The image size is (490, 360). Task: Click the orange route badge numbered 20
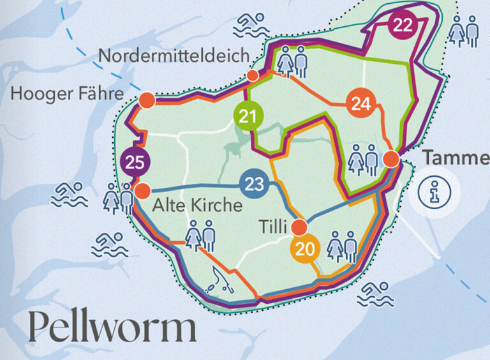(306, 249)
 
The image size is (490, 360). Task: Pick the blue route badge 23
(254, 185)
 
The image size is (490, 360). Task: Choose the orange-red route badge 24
(360, 104)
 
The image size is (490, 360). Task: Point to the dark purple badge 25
(135, 162)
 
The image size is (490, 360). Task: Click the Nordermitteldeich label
(174, 56)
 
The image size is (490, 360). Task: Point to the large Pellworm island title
(112, 327)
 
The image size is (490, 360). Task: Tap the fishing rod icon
(219, 278)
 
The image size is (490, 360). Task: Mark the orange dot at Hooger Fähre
(147, 100)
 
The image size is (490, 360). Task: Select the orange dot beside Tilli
(299, 227)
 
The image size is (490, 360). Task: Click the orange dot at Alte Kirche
(142, 190)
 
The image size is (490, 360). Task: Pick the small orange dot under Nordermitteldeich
(253, 76)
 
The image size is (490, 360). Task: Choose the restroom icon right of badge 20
(342, 247)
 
